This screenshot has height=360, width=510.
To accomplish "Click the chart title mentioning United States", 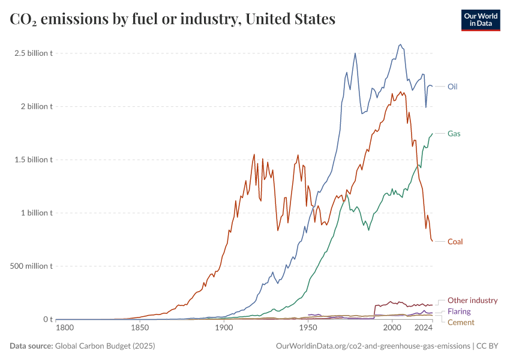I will pos(172,19).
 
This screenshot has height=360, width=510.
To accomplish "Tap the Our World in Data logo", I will pos(480,20).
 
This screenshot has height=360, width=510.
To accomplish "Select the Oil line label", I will pos(452,86).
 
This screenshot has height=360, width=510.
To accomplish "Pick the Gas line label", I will pos(454,133).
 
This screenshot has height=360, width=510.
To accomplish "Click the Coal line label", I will pos(455,241).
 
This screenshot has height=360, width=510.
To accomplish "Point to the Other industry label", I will pos(473,301).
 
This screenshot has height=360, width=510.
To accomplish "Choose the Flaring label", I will pos(459,311).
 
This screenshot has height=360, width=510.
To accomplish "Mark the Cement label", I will pos(461,322).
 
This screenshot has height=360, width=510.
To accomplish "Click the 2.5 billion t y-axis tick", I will pos(34,53).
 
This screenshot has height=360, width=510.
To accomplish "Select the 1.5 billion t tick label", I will pos(34,160).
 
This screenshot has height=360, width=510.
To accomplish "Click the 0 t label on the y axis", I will pos(48,319).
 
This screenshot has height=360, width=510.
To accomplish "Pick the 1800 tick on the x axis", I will pos(65,328).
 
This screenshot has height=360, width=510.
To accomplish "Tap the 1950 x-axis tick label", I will pos(308,328).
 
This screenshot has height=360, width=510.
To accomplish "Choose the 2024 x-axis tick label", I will pos(424,328).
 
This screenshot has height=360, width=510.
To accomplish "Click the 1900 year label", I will pos(224,328).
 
